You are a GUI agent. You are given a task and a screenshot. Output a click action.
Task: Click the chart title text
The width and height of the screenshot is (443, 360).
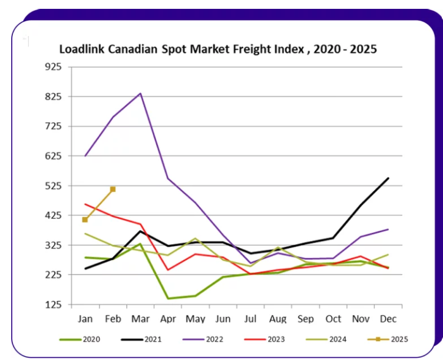point(217,49)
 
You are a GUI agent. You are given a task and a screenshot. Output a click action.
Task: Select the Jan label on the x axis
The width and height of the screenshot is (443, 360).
point(85,318)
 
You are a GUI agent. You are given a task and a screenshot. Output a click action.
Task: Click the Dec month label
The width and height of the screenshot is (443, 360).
point(388,318)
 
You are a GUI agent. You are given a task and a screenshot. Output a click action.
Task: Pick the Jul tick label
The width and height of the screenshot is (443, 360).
point(250,318)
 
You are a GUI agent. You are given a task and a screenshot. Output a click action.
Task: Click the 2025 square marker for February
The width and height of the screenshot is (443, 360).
point(113,189)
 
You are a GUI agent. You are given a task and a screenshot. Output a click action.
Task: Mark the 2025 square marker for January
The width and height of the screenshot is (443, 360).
point(85,220)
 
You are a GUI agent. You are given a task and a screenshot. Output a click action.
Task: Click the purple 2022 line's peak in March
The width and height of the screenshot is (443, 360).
point(140,93)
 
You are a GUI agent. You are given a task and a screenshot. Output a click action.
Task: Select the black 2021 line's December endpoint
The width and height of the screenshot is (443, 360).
point(388,178)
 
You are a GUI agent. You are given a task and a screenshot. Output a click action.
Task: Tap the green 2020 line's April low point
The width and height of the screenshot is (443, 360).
point(168,298)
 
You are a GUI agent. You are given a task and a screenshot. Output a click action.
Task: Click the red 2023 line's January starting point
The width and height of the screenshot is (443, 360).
point(85,204)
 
